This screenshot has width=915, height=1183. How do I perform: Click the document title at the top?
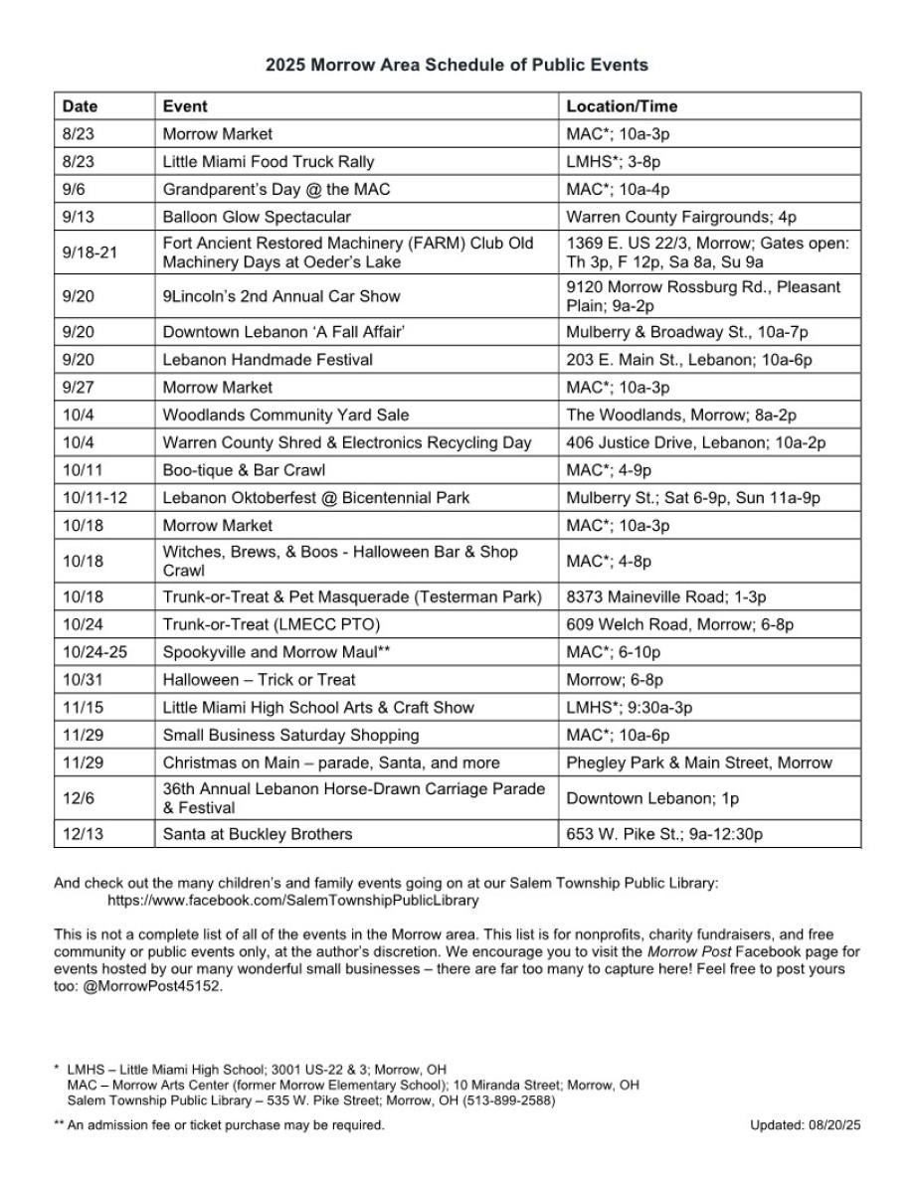[x=457, y=66]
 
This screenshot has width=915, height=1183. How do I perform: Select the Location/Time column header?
[x=622, y=106]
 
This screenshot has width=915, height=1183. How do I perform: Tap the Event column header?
[x=185, y=106]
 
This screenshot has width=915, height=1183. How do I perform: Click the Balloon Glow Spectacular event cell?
[x=257, y=217]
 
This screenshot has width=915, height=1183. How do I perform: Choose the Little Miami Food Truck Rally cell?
[x=269, y=161]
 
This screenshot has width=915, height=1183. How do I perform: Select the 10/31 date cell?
[x=83, y=680]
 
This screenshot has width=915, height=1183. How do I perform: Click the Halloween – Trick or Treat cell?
[x=259, y=680]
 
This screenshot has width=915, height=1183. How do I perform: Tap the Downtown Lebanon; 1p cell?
[x=652, y=798]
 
